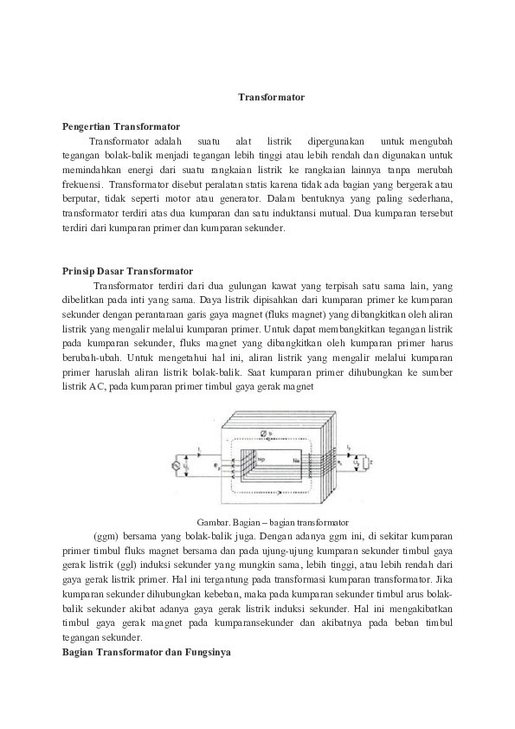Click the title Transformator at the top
click(x=271, y=98)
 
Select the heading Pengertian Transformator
click(x=121, y=126)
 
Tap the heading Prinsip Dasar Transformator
click(x=127, y=270)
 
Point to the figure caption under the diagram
click(x=272, y=522)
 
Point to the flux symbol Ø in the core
click(x=263, y=433)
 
